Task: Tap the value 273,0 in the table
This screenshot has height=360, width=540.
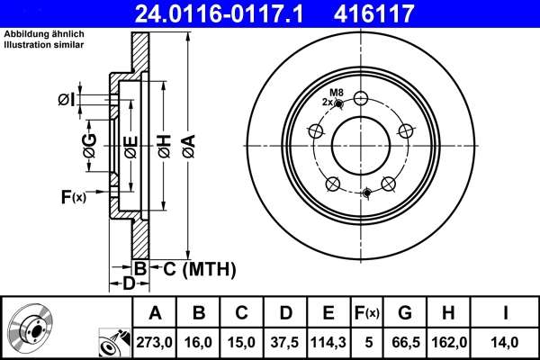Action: coord(155,342)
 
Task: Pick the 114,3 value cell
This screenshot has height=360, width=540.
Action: coord(328,342)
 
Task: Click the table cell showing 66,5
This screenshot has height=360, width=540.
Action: coord(406,342)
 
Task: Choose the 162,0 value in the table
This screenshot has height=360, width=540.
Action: coord(448,342)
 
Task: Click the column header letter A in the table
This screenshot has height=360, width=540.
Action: coord(155,313)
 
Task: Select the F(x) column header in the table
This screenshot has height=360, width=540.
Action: coord(367,313)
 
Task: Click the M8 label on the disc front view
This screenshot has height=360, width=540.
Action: coord(337,94)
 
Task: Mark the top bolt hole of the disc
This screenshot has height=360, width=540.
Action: coord(362,99)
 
